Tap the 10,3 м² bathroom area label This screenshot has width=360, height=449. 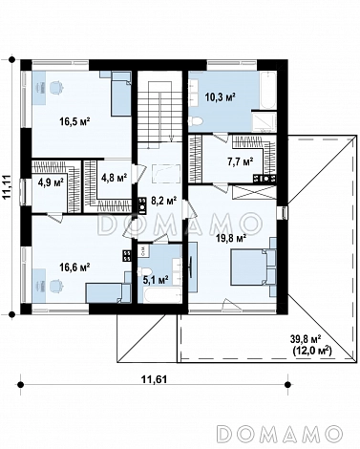220,96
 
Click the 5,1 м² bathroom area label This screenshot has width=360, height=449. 155,280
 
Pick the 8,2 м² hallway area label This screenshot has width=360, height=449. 163,201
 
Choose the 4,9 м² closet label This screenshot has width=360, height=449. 51,182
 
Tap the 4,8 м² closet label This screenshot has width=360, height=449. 114,178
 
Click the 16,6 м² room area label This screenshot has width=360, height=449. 75,267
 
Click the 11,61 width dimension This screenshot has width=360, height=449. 154,379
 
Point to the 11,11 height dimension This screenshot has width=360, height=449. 7,187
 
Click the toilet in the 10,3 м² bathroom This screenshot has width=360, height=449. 196,121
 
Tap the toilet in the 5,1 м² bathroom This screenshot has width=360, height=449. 141,272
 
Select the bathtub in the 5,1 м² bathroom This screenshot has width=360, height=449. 159,294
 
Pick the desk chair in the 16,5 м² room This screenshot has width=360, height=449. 56,88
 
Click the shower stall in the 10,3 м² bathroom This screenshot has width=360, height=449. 265,122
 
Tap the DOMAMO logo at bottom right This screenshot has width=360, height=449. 279,433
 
